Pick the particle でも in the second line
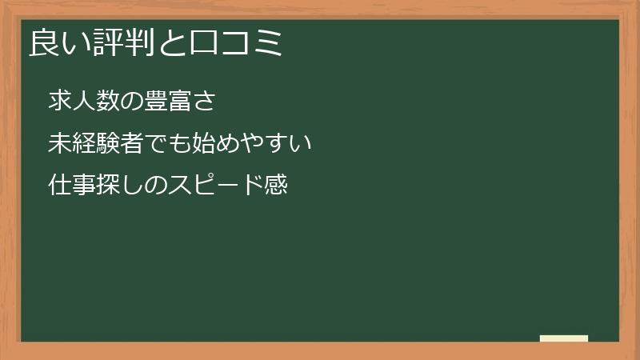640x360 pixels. tap(167, 144)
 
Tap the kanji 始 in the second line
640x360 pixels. tap(203, 144)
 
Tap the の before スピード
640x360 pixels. tap(155, 186)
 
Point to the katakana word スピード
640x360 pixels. tap(214, 186)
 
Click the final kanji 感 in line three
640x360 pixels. tap(274, 186)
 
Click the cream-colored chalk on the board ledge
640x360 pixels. tap(563, 338)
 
